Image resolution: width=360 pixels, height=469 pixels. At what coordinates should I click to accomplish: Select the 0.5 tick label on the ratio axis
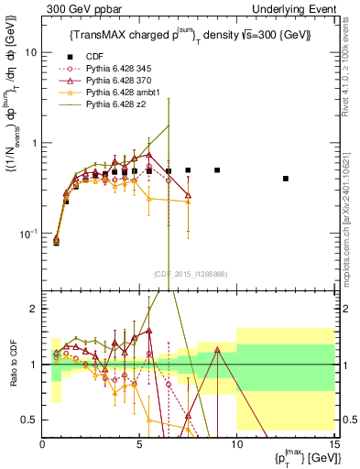pyautogui.click(x=30, y=420)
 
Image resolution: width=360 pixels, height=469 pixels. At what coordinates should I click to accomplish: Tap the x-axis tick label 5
pyautogui.click(x=139, y=444)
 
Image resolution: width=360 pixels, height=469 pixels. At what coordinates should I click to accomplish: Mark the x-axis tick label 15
pyautogui.click(x=333, y=444)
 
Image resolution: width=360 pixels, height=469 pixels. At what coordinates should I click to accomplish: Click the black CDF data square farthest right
pyautogui.click(x=286, y=179)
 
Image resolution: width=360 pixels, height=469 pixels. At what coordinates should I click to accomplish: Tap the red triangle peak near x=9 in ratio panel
pyautogui.click(x=217, y=349)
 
